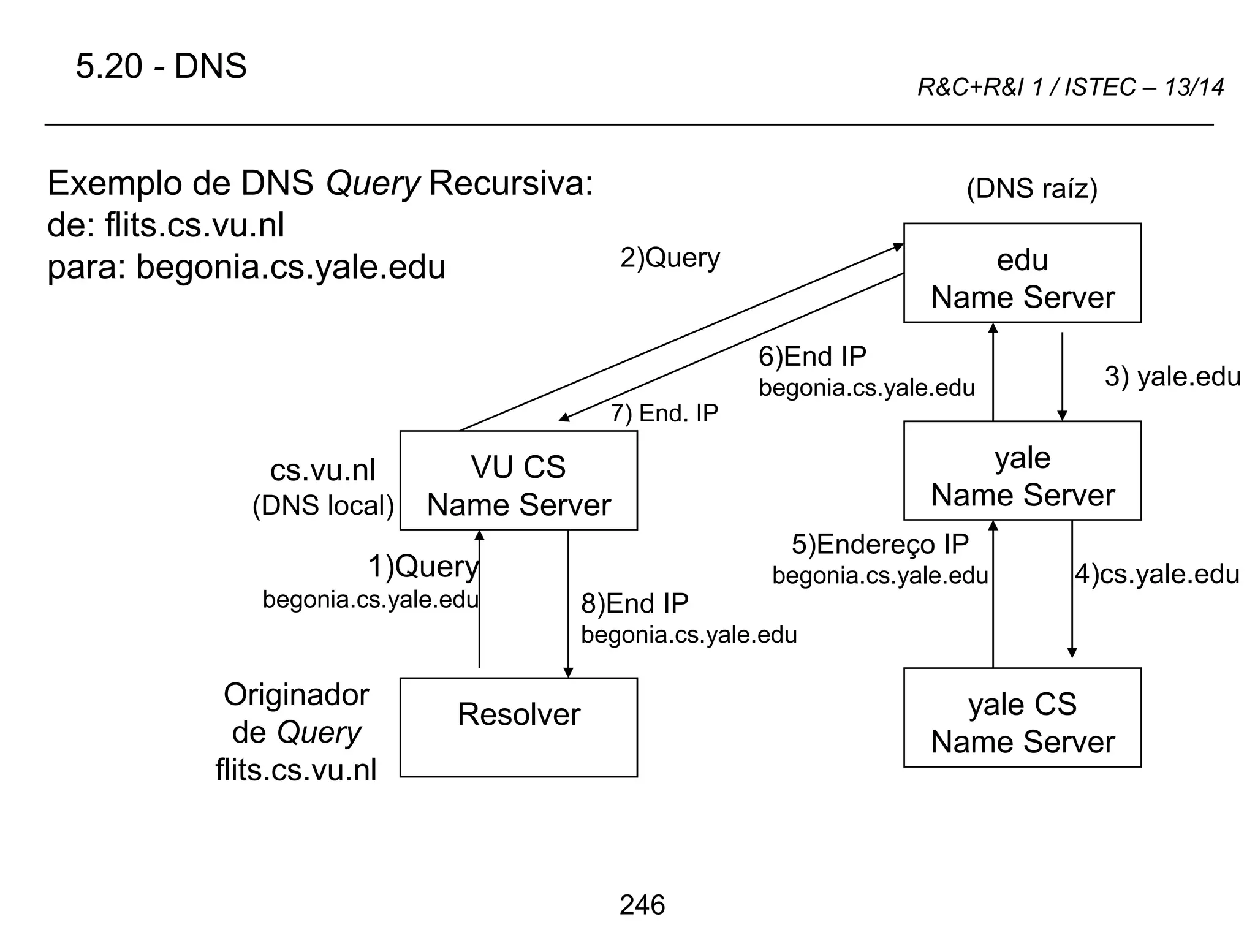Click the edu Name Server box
1022,273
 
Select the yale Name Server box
1022,470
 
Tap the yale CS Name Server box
1022,717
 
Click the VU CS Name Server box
518,480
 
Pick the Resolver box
518,727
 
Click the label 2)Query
669,258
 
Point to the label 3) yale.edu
1172,376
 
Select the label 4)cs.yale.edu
1156,574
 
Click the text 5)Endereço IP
880,544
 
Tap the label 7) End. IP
664,414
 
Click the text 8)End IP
634,603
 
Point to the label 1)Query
423,566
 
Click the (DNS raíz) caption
1031,188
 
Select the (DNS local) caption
323,505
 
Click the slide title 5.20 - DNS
161,66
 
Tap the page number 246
642,905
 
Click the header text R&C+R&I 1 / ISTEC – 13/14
1070,87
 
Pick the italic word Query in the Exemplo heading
372,183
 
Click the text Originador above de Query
296,695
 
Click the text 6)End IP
812,357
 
